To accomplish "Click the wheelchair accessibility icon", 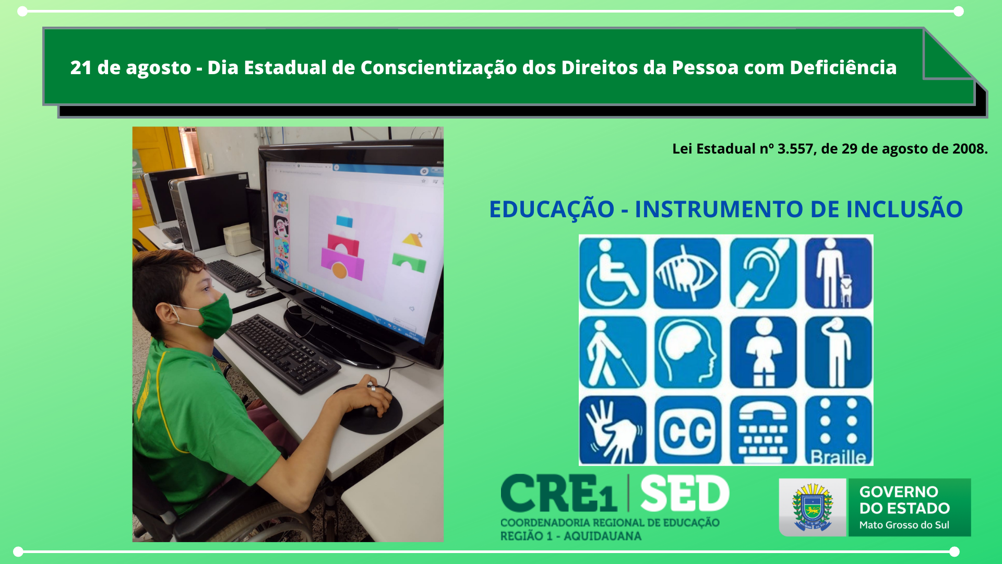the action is [x=613, y=273].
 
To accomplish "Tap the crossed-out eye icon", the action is [x=687, y=273].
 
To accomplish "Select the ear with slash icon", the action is [x=763, y=273].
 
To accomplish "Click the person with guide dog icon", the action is [x=838, y=273].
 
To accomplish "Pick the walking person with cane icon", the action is [x=613, y=352].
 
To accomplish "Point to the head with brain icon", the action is [x=687, y=352].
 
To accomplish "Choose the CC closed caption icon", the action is [x=687, y=430].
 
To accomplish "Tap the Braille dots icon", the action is [x=838, y=430].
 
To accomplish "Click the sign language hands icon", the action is [x=613, y=430].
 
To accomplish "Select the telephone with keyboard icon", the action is [x=763, y=430].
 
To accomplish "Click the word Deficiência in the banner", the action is [x=843, y=67].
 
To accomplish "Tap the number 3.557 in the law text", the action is [x=795, y=149].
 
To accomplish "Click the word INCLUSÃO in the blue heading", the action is [x=904, y=209].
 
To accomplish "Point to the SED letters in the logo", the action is [x=685, y=494].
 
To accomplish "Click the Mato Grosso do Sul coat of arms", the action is [x=812, y=508].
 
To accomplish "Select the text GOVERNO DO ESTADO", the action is [x=904, y=500].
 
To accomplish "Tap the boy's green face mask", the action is [x=212, y=316].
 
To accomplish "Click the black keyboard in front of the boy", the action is [x=282, y=352].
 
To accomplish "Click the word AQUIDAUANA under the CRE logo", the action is [x=602, y=536].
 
